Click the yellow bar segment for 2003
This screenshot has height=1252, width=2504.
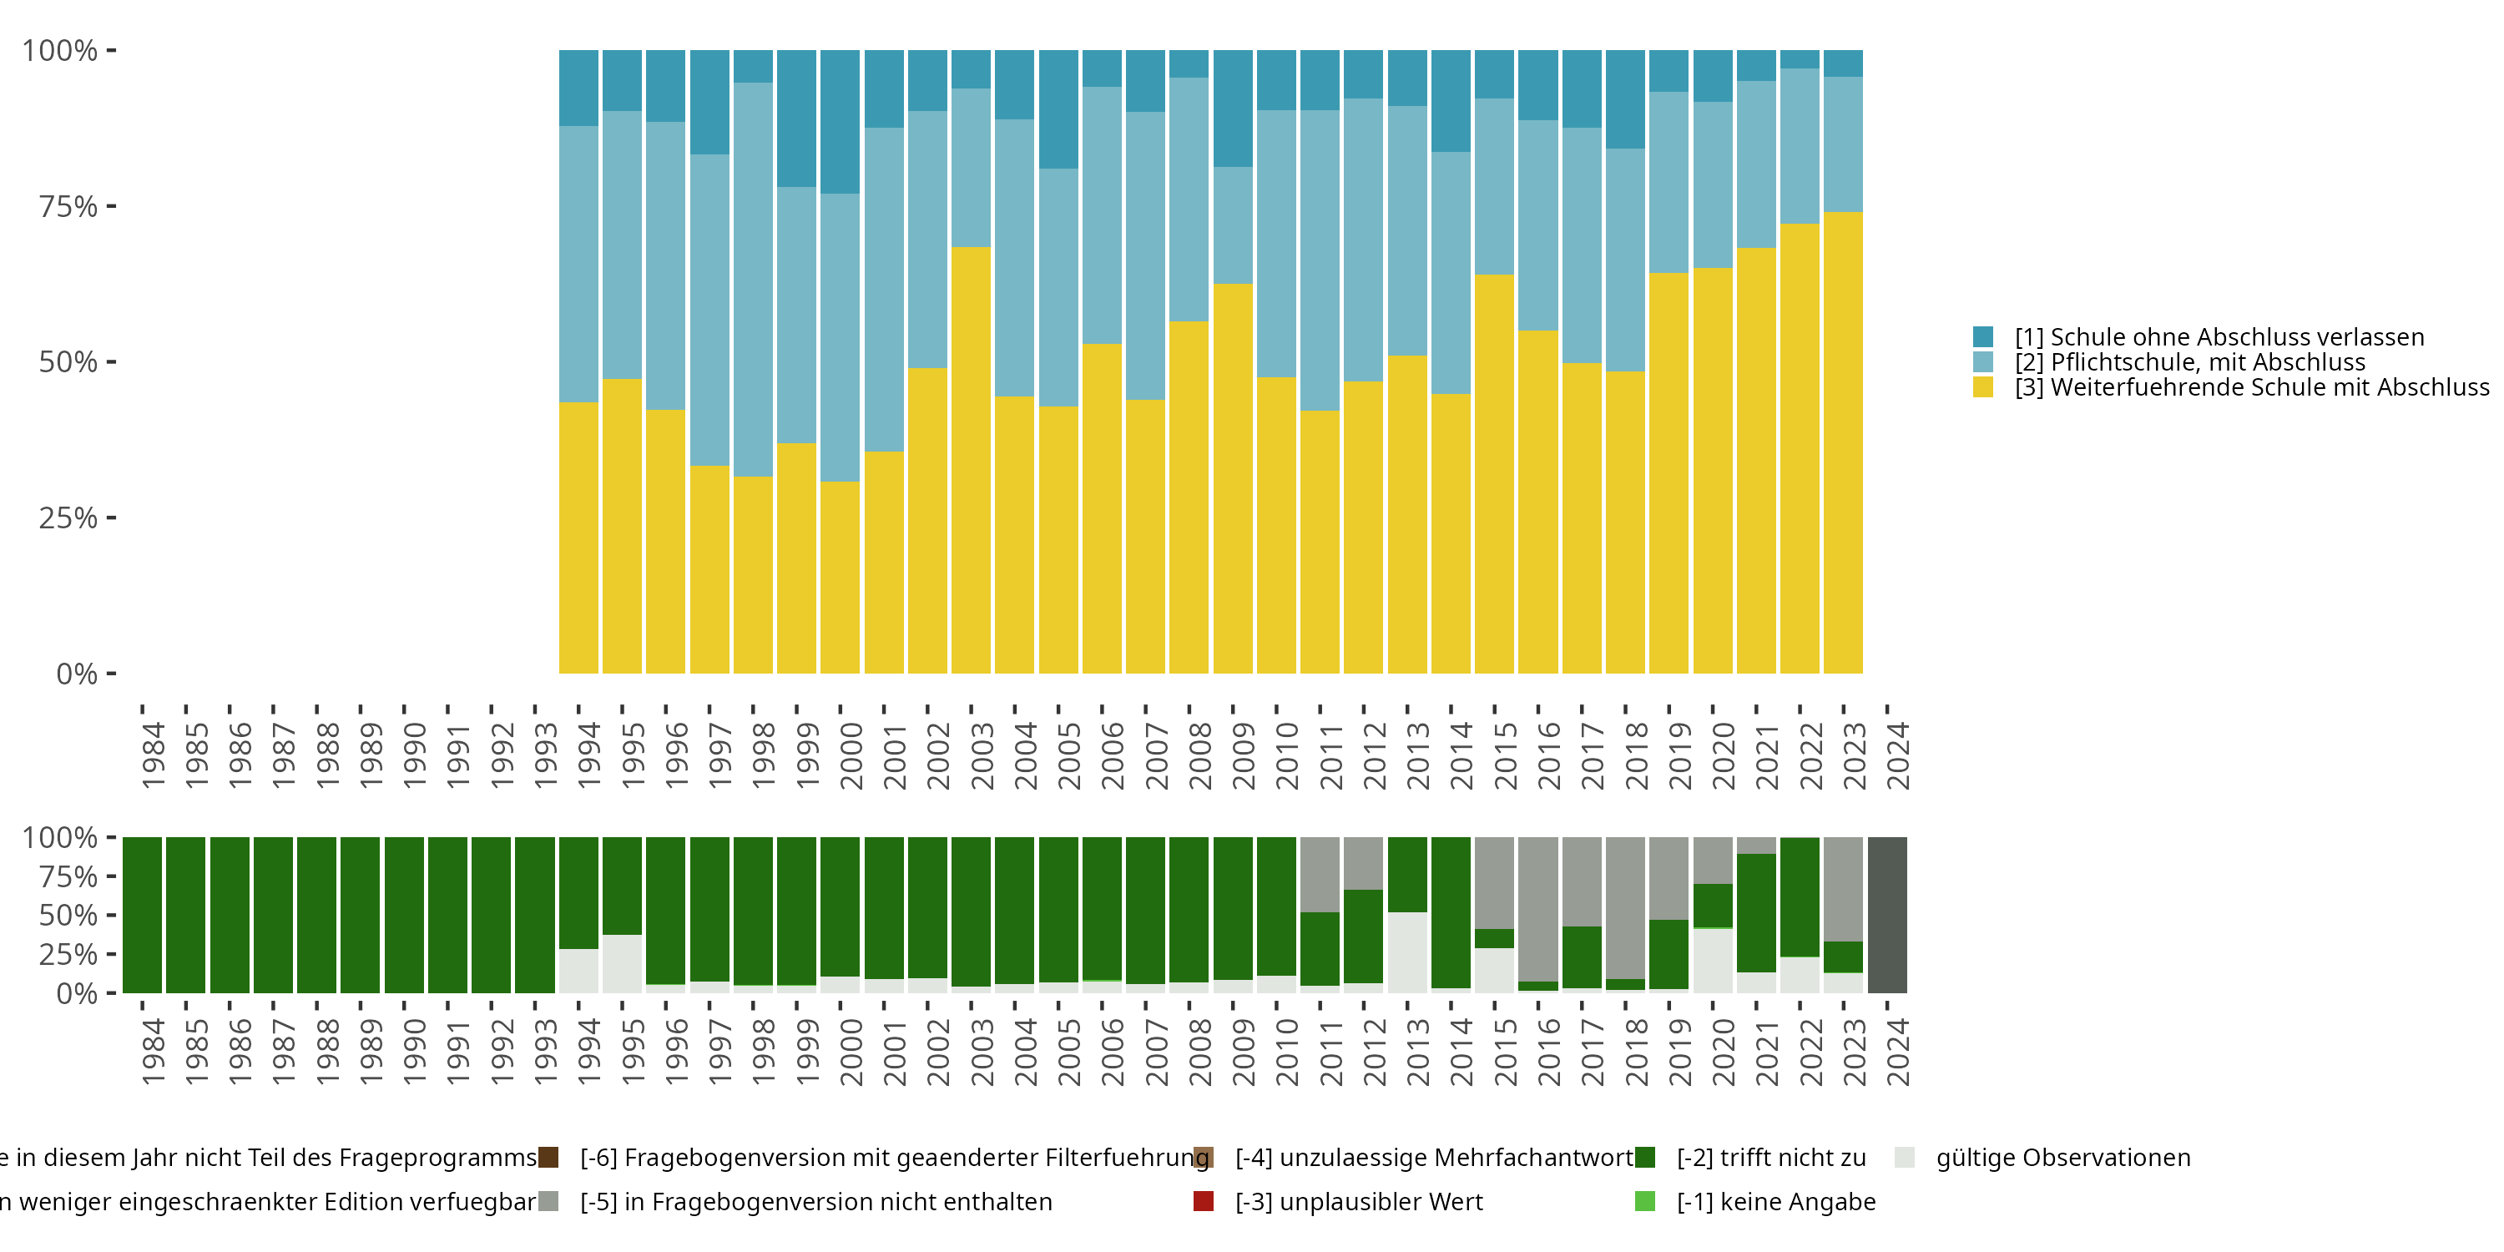pyautogui.click(x=970, y=460)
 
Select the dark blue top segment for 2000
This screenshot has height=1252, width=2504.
pyautogui.click(x=840, y=122)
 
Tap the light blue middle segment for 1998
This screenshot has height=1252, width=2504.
pyautogui.click(x=754, y=279)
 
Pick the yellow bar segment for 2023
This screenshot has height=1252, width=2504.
pyautogui.click(x=1843, y=442)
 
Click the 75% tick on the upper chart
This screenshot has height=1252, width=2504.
pyautogui.click(x=68, y=206)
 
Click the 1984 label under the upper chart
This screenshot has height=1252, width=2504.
pyautogui.click(x=153, y=755)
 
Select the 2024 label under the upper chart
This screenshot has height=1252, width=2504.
pyautogui.click(x=1897, y=755)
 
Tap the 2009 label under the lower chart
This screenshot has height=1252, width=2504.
pyautogui.click(x=1244, y=1052)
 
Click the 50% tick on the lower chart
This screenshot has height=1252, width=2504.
pyautogui.click(x=68, y=915)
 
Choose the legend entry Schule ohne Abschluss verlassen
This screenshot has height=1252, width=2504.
pyautogui.click(x=2219, y=337)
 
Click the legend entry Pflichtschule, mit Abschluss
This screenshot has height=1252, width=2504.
pyautogui.click(x=2189, y=362)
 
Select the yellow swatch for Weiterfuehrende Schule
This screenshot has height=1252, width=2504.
pyautogui.click(x=1983, y=388)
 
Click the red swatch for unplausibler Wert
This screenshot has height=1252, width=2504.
pyautogui.click(x=1204, y=1201)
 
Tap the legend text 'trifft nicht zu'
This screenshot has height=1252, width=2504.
pyautogui.click(x=1771, y=1158)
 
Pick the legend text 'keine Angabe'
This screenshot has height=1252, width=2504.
pyautogui.click(x=1776, y=1201)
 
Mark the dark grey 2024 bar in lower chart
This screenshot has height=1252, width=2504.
pyautogui.click(x=1886, y=915)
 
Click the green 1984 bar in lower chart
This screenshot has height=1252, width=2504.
pyautogui.click(x=142, y=915)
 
